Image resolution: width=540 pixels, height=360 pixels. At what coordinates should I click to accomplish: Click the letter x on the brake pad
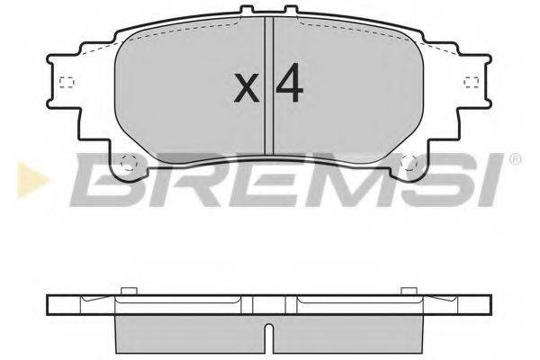point(245,87)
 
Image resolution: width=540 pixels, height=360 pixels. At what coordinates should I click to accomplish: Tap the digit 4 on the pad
point(289,85)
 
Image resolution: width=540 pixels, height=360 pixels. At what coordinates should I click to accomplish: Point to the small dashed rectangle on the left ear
point(65,85)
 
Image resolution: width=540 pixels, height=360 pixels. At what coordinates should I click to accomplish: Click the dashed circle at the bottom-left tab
point(127,165)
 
